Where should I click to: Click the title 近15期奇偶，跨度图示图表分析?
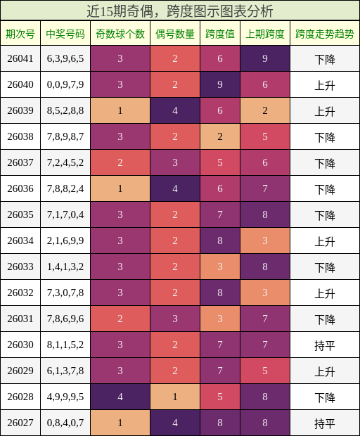click(179, 11)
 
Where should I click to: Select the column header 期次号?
click(20, 34)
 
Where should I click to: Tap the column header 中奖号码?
click(65, 34)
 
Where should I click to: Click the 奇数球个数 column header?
click(120, 34)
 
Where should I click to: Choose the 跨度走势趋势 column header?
click(324, 34)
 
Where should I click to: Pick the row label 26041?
click(20, 59)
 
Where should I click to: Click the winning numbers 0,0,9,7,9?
click(65, 85)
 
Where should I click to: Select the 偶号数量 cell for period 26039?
click(175, 111)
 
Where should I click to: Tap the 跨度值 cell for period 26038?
click(220, 137)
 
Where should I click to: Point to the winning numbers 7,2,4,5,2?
click(65, 163)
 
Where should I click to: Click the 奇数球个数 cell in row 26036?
click(120, 189)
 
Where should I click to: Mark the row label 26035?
click(20, 215)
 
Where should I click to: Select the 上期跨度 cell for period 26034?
click(265, 241)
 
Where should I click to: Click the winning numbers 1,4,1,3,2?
click(65, 267)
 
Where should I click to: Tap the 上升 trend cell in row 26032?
click(324, 293)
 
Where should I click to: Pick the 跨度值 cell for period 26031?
click(220, 319)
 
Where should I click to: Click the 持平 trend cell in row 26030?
click(324, 345)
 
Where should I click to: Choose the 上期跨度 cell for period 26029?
click(265, 371)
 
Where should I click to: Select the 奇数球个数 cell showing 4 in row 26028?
click(120, 397)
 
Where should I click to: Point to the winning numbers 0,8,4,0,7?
click(65, 423)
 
